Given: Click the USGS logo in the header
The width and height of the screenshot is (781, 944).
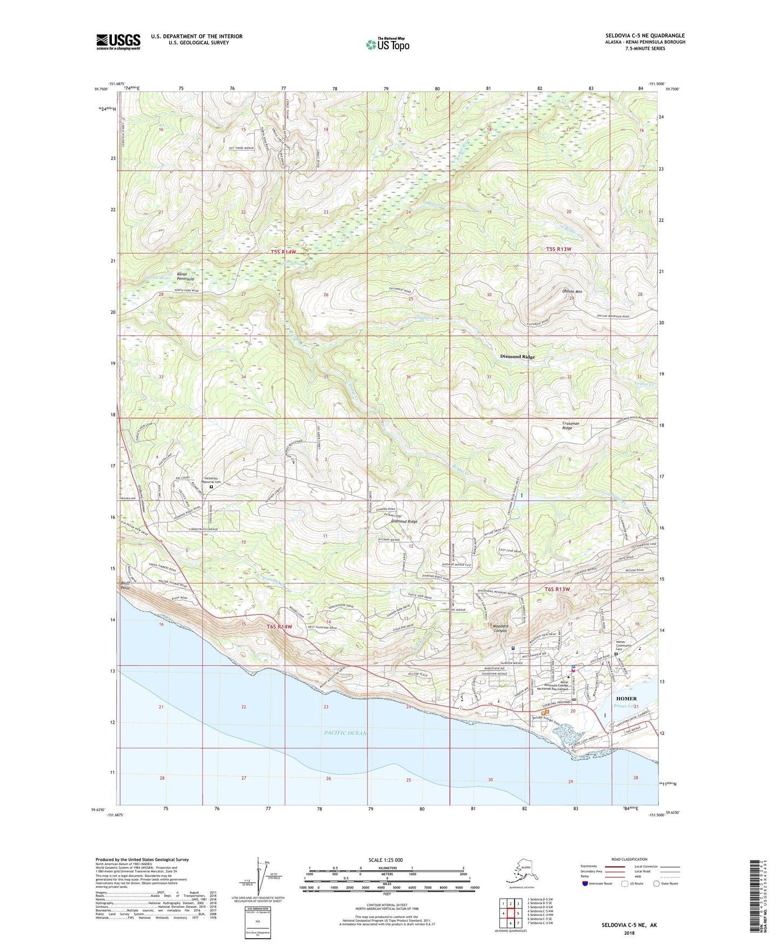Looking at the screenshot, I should (118, 42).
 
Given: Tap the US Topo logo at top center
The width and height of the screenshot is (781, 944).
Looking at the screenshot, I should (387, 44).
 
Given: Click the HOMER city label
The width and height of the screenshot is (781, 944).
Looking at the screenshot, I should (626, 699).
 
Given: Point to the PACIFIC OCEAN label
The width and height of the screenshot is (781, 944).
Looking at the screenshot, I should (346, 733).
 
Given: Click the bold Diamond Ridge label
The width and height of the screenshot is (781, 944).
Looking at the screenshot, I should (517, 357).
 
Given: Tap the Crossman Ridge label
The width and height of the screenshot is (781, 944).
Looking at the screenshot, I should (571, 426).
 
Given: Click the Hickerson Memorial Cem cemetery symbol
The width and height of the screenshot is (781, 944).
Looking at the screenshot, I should (211, 486).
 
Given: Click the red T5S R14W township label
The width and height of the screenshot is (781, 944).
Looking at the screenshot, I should (284, 252).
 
